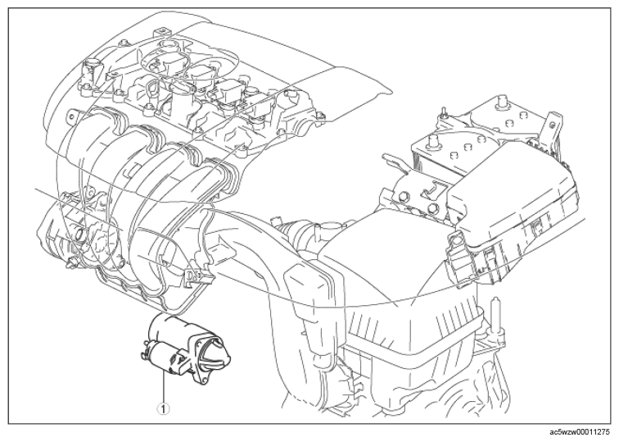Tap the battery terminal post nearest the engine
pos(435,140)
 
